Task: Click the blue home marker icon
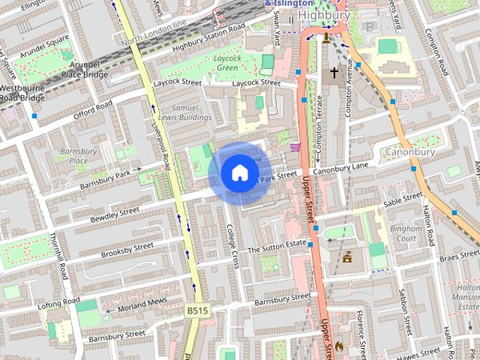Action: (x=239, y=173)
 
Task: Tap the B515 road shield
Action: (x=196, y=310)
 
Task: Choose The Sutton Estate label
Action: (x=277, y=246)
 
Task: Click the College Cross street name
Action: (x=234, y=248)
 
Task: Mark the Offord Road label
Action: (x=92, y=111)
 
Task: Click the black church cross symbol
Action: (x=334, y=73)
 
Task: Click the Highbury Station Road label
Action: (x=208, y=37)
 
